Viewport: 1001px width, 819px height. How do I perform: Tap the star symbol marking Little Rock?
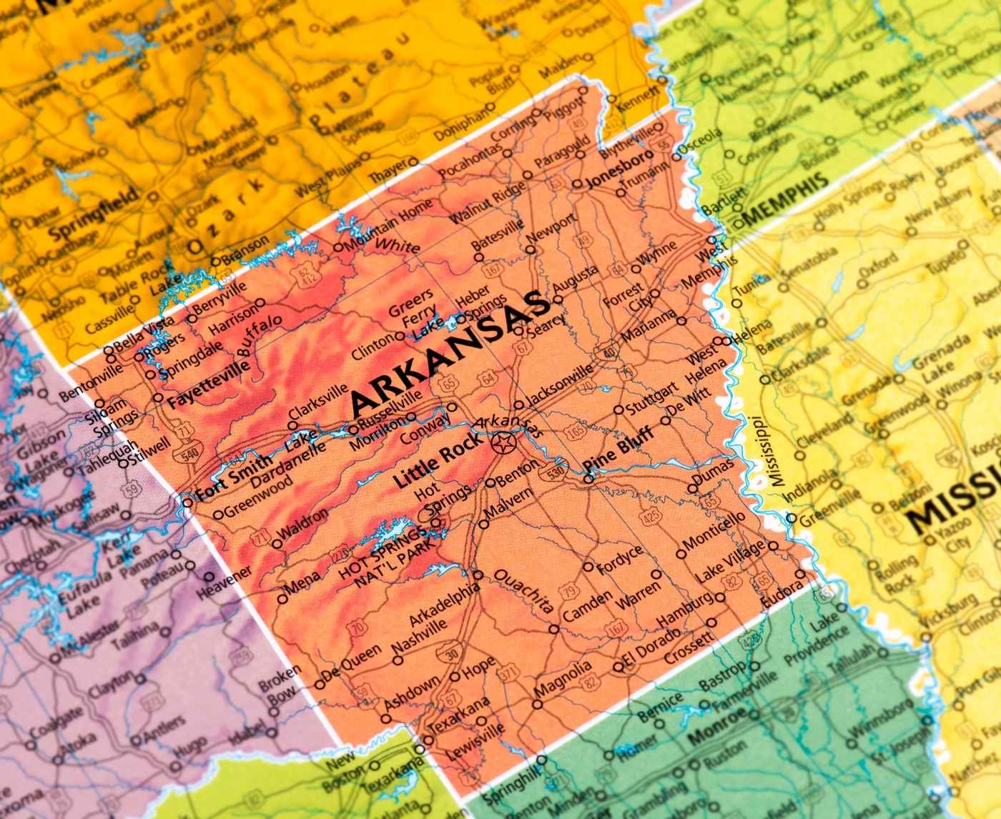coord(503,445)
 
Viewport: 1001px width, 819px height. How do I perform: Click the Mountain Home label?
coord(388,226)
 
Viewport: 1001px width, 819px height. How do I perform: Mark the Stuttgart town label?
coord(651,397)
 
